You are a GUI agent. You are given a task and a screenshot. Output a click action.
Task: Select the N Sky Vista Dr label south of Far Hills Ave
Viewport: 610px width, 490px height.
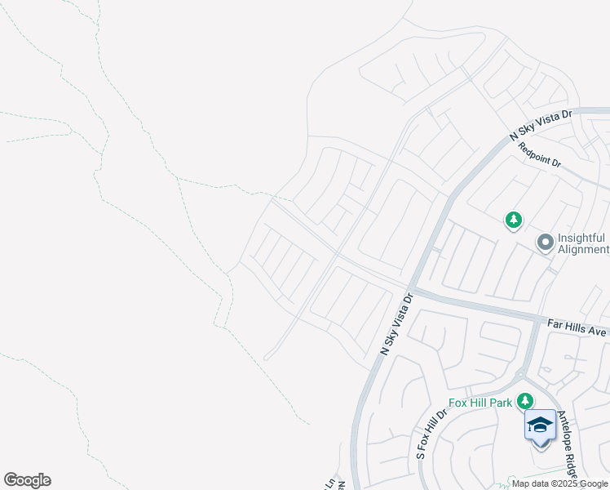399,324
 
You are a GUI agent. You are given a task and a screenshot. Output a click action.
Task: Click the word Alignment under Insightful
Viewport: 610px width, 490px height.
584,249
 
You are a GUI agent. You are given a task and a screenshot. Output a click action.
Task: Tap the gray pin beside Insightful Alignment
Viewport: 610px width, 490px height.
545,243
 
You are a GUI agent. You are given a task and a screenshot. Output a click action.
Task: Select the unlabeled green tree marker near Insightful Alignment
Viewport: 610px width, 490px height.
513,220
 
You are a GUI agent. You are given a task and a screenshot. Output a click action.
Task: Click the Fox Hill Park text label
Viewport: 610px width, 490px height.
480,403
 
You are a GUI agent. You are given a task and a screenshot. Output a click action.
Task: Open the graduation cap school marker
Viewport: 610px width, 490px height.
541,425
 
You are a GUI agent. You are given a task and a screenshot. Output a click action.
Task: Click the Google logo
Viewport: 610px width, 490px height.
27,480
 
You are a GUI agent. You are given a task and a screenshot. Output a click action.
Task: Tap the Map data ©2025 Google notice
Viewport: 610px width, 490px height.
560,483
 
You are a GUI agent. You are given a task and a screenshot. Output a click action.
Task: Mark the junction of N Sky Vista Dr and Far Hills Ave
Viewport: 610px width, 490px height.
412,290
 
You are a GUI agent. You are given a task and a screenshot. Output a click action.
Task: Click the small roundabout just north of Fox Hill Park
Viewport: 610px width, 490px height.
520,374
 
